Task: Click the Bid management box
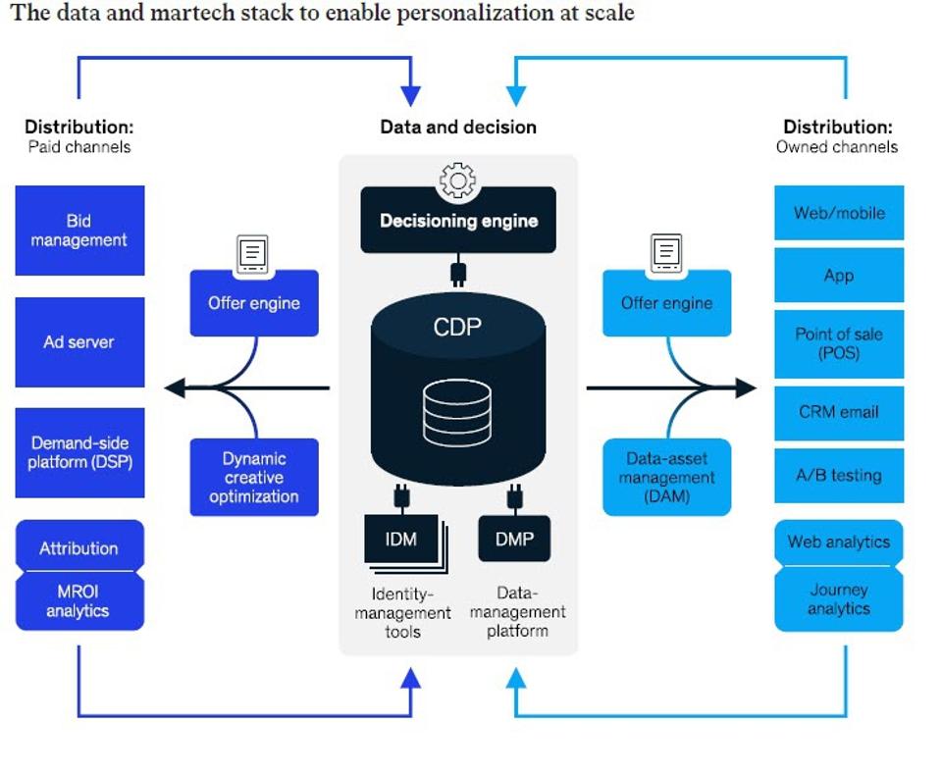pos(79,231)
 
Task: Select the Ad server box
pos(79,342)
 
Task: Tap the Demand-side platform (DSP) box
pos(79,452)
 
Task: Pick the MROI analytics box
pos(79,601)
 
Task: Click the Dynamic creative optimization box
pos(253,478)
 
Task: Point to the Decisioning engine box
pos(458,221)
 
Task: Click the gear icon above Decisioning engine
pos(458,181)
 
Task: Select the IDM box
pos(401,539)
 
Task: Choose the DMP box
pos(514,539)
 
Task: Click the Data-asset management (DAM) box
pos(666,478)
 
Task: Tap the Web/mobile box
pos(839,213)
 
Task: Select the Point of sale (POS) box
pos(839,343)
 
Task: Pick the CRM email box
pos(839,412)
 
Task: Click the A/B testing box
pos(839,476)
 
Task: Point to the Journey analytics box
pos(839,599)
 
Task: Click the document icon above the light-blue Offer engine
pos(666,254)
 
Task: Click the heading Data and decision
pos(458,127)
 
